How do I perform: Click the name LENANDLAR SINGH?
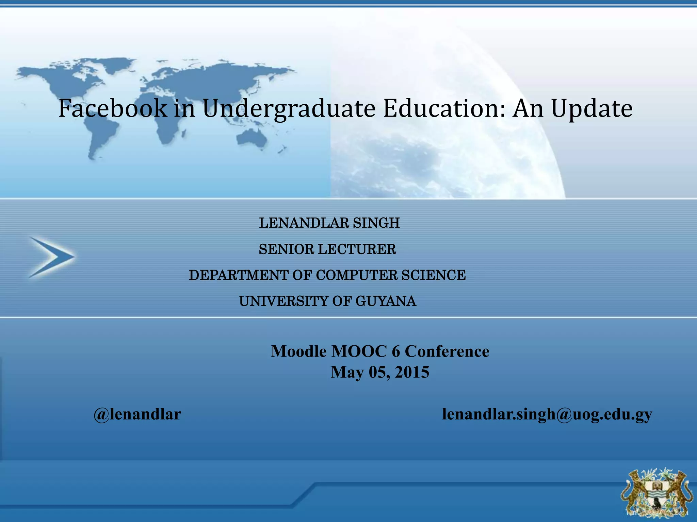(x=329, y=223)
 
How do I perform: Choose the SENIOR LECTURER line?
(x=327, y=249)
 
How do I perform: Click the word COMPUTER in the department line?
(x=357, y=275)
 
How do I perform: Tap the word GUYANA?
(x=386, y=301)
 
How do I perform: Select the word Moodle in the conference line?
(x=298, y=351)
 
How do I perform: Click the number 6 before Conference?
(x=395, y=351)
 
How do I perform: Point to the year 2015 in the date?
(x=412, y=372)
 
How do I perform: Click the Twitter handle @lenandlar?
(x=137, y=414)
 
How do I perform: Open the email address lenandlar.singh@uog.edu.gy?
(x=547, y=414)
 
